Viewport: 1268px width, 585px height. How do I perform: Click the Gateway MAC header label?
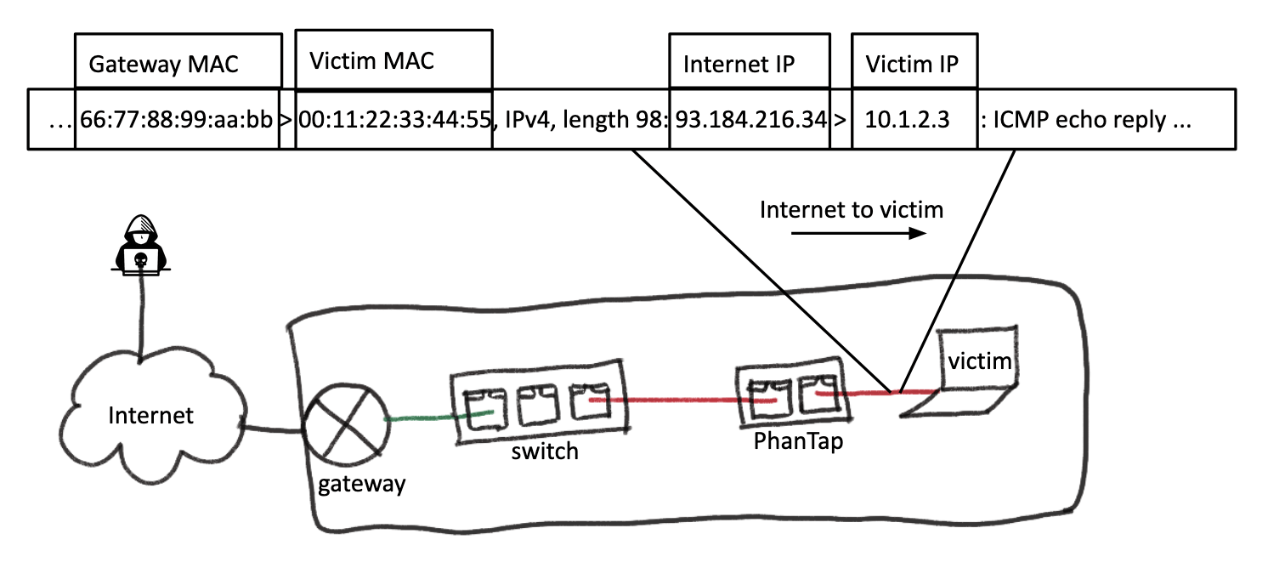164,65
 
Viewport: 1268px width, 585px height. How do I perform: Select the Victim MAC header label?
371,61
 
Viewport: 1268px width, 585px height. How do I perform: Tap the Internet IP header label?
739,65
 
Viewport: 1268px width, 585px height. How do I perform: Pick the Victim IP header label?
911,65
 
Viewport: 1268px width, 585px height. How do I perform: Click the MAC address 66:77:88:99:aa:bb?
177,120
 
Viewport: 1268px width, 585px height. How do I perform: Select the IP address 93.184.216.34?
751,120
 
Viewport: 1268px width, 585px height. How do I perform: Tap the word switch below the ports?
545,451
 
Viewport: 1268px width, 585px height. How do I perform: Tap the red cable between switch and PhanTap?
671,398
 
